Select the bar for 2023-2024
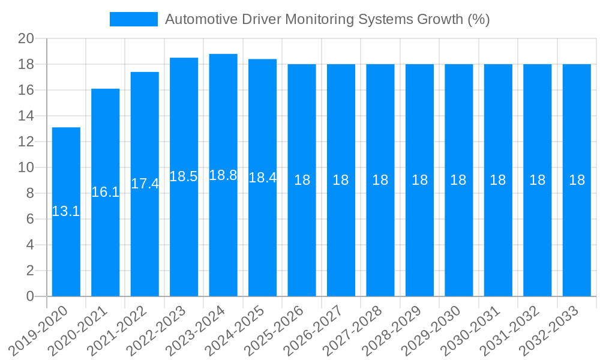point(223,240)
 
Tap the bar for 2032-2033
point(577,240)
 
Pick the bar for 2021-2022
point(145,240)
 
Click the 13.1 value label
point(66,211)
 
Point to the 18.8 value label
point(223,175)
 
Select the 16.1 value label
point(106,192)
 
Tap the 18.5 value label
point(184,176)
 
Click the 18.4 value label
point(262,178)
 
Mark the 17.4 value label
point(145,184)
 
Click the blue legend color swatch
point(133,19)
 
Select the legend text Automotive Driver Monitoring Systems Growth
point(327,19)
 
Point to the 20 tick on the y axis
point(26,39)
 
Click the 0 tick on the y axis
point(30,296)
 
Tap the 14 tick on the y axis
point(26,116)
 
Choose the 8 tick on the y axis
point(30,193)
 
